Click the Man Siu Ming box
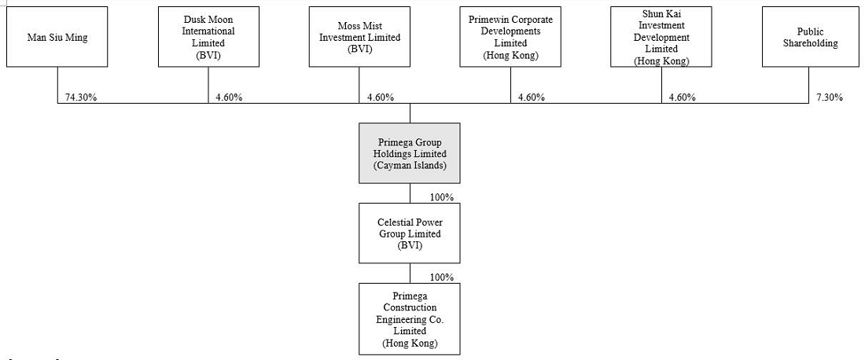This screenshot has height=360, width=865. pyautogui.click(x=57, y=37)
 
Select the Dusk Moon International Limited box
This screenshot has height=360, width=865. pyautogui.click(x=208, y=37)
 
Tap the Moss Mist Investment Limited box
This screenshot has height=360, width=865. pyautogui.click(x=359, y=37)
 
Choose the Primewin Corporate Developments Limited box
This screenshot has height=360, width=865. pyautogui.click(x=510, y=37)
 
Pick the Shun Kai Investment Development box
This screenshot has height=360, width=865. pyautogui.click(x=661, y=37)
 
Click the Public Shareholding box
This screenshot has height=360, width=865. pyautogui.click(x=812, y=37)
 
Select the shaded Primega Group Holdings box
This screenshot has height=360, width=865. pyautogui.click(x=410, y=153)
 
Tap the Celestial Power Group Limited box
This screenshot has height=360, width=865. pyautogui.click(x=410, y=233)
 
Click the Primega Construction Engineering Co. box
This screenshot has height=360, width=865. pyautogui.click(x=410, y=319)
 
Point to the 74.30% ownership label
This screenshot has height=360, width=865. pyautogui.click(x=82, y=97)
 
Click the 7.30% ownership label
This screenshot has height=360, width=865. pyautogui.click(x=829, y=97)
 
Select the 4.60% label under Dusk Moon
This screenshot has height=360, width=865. pyautogui.click(x=229, y=97)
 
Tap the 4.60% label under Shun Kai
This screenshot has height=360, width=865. pyautogui.click(x=683, y=97)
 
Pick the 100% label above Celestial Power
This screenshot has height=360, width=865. pyautogui.click(x=442, y=197)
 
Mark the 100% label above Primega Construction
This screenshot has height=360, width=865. pyautogui.click(x=442, y=277)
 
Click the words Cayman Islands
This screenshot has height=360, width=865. pyautogui.click(x=410, y=165)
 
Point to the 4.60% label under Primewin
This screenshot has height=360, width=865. pyautogui.click(x=532, y=97)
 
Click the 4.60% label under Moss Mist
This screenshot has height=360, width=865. pyautogui.click(x=381, y=97)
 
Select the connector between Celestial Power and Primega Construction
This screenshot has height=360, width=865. pyautogui.click(x=410, y=274)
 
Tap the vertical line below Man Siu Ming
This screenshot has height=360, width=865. pyautogui.click(x=58, y=85)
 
